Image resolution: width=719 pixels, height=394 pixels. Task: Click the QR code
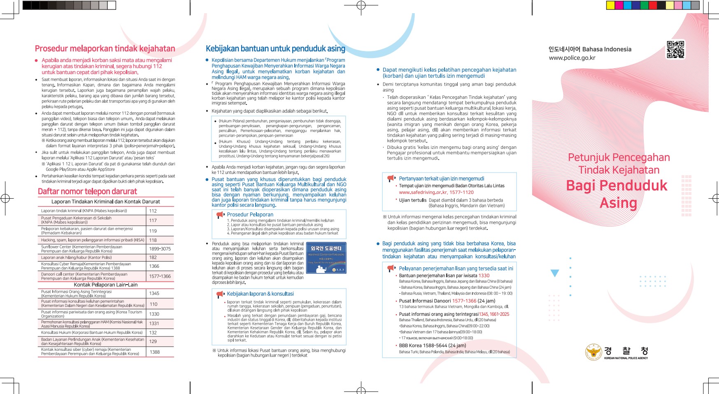coord(675,50)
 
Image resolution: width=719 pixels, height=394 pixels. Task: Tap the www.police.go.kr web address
coord(572,58)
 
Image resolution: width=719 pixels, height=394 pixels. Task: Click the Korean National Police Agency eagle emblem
coord(593,352)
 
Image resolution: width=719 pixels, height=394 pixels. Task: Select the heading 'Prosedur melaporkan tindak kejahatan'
coord(105,49)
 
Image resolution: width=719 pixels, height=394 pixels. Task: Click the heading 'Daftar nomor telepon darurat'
coord(87,192)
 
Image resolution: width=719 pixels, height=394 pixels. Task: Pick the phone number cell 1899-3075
coord(160,249)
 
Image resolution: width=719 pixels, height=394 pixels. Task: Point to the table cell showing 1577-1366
coord(160,276)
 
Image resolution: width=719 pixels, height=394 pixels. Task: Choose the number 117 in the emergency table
coord(153,220)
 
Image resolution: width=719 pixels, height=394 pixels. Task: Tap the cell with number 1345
coord(154,294)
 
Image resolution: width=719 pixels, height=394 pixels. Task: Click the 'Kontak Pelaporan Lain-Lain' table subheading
coord(106,285)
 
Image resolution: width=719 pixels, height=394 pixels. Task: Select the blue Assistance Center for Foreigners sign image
coord(326,258)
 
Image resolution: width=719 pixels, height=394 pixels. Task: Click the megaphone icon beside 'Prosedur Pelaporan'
coord(220,215)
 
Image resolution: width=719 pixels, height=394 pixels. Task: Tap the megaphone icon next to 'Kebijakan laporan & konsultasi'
coord(220,294)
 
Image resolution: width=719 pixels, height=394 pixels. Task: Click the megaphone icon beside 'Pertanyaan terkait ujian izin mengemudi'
coord(391,178)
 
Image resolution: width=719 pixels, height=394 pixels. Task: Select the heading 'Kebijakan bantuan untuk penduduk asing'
coord(275,49)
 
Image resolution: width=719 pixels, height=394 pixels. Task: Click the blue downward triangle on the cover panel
coord(555,273)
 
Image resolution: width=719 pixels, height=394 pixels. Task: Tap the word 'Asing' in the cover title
coord(618,203)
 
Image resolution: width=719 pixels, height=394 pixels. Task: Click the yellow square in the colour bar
coord(610,5)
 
